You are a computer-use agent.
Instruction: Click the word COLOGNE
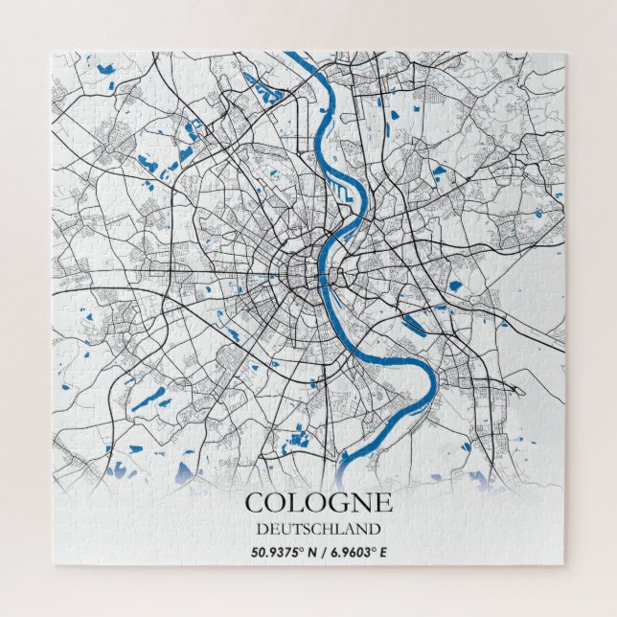click(318, 503)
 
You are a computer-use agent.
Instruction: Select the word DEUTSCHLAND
click(318, 528)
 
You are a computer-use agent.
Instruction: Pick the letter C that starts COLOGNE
click(254, 503)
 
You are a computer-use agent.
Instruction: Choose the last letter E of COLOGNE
click(383, 503)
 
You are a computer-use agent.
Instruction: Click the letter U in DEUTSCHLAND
click(285, 528)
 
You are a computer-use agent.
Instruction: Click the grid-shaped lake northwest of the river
click(262, 89)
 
